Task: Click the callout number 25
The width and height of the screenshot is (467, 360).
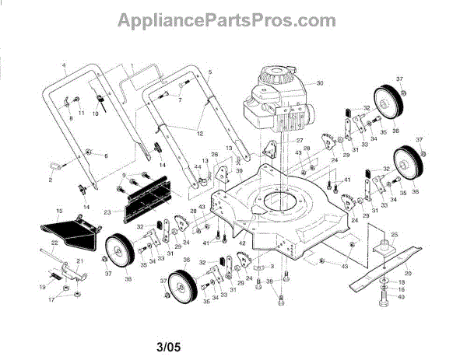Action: tap(394, 234)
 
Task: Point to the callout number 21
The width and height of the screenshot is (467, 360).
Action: tap(79, 260)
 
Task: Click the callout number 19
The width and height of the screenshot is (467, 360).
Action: tap(43, 287)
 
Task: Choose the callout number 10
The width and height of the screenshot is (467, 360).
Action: tap(96, 114)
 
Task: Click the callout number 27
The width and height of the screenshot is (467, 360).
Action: tap(298, 140)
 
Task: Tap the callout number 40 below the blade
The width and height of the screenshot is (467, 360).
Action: tap(402, 296)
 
